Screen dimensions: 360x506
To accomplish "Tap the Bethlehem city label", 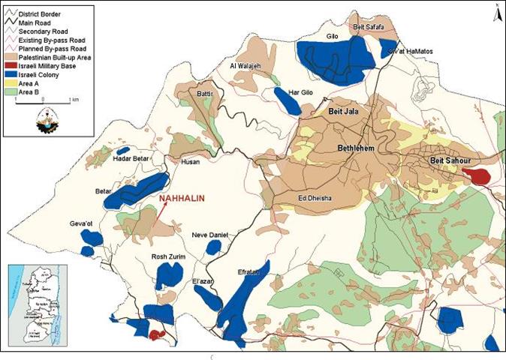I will (360, 148).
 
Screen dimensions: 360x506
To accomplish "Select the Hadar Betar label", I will (128, 159).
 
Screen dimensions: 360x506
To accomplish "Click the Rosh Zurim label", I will (169, 256).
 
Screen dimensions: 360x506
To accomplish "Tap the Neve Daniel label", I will (210, 234).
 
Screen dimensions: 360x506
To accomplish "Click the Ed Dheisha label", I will (315, 198).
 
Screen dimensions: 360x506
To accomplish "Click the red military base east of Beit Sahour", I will (476, 175).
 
